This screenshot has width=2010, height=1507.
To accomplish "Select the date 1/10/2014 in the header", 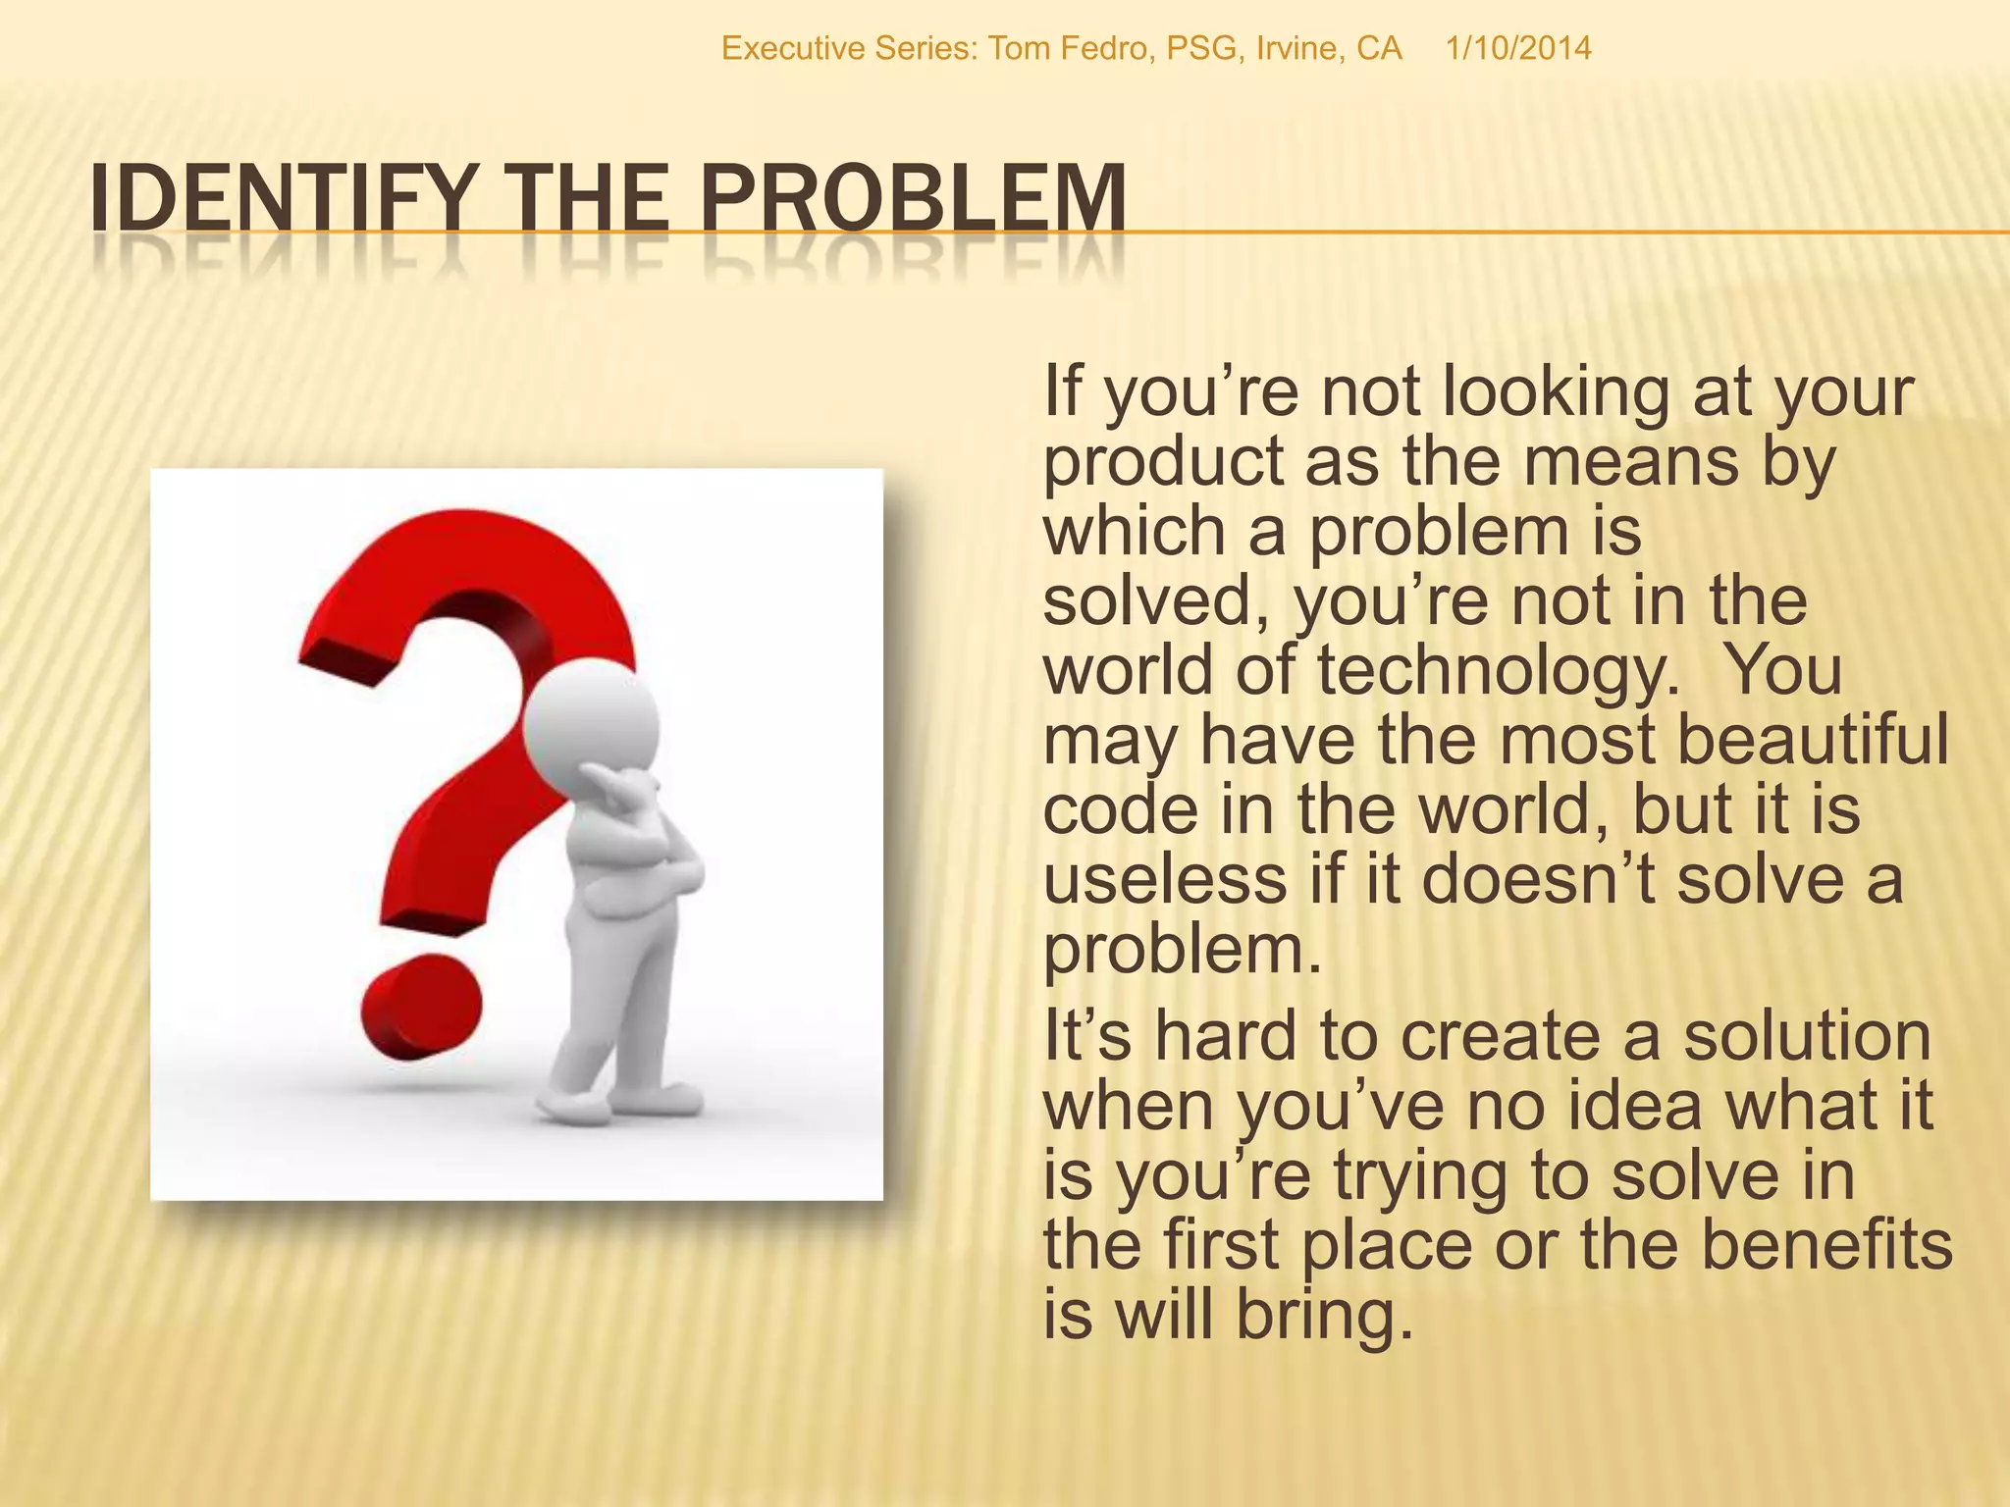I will coord(1517,48).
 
